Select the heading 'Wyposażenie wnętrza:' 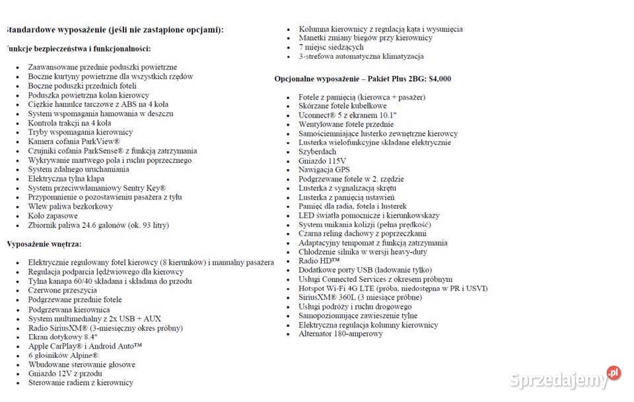tap(44, 244)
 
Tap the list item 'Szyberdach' tap(317, 152)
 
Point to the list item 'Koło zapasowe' tap(53, 216)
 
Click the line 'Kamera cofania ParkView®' tap(74, 141)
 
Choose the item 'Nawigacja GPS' tap(325, 170)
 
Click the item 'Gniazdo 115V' tap(322, 161)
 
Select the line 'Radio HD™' tap(318, 261)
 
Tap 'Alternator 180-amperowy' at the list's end tap(340, 334)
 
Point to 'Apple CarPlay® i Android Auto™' tap(85, 346)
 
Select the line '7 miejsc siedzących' tap(331, 48)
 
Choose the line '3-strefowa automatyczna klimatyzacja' tap(361, 57)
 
